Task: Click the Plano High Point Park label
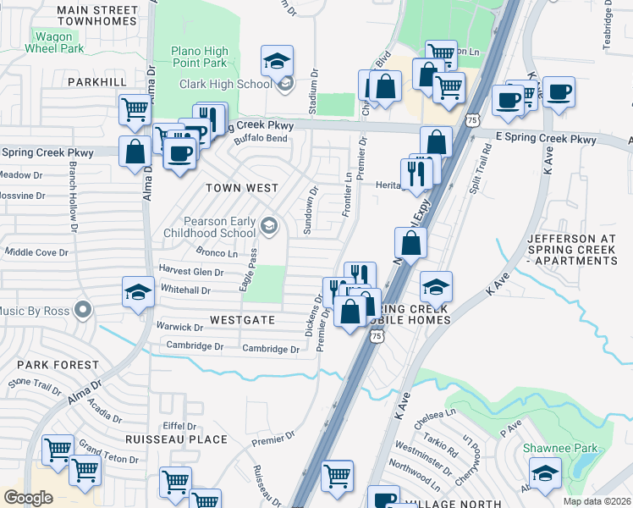[199, 57]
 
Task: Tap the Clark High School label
[225, 83]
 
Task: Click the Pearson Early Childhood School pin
[270, 224]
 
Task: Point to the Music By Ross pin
[83, 310]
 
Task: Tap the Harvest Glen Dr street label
[190, 272]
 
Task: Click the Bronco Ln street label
[216, 252]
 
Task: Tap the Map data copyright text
[597, 501]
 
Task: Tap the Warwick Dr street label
[178, 326]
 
